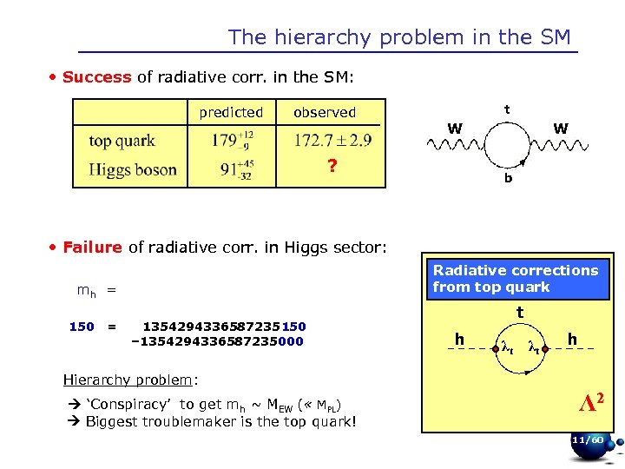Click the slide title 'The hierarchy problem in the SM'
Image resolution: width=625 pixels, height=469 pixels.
tap(399, 37)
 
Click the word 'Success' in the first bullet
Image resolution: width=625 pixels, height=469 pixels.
tap(96, 77)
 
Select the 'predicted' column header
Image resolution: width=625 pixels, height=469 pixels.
tap(231, 112)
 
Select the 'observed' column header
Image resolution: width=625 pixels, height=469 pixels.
tap(325, 112)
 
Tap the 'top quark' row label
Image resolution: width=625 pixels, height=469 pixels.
tap(122, 141)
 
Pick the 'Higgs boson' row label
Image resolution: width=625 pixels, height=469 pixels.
tap(132, 169)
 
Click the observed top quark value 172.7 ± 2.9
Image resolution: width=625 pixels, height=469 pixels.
tap(333, 140)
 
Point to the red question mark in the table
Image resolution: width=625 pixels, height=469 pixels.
tap(332, 168)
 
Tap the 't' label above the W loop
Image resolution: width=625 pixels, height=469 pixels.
tap(507, 110)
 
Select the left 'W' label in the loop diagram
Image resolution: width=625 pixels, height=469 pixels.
tap(454, 129)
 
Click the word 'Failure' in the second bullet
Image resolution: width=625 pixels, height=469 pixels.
tap(94, 248)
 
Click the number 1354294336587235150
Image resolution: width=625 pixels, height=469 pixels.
tap(224, 327)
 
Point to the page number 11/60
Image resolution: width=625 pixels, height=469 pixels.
tap(588, 440)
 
